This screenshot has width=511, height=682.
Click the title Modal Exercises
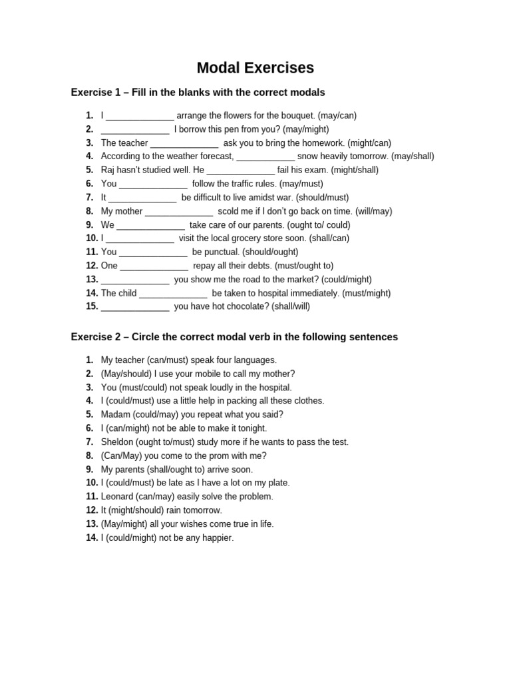pos(255,68)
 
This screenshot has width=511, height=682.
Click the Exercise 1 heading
pos(198,92)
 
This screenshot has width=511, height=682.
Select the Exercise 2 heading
pos(234,337)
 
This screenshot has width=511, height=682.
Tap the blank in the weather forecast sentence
pos(265,157)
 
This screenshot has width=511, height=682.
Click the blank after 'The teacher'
pos(184,143)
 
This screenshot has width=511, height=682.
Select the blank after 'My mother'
pos(178,212)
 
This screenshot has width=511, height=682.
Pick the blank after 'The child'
pos(173,294)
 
